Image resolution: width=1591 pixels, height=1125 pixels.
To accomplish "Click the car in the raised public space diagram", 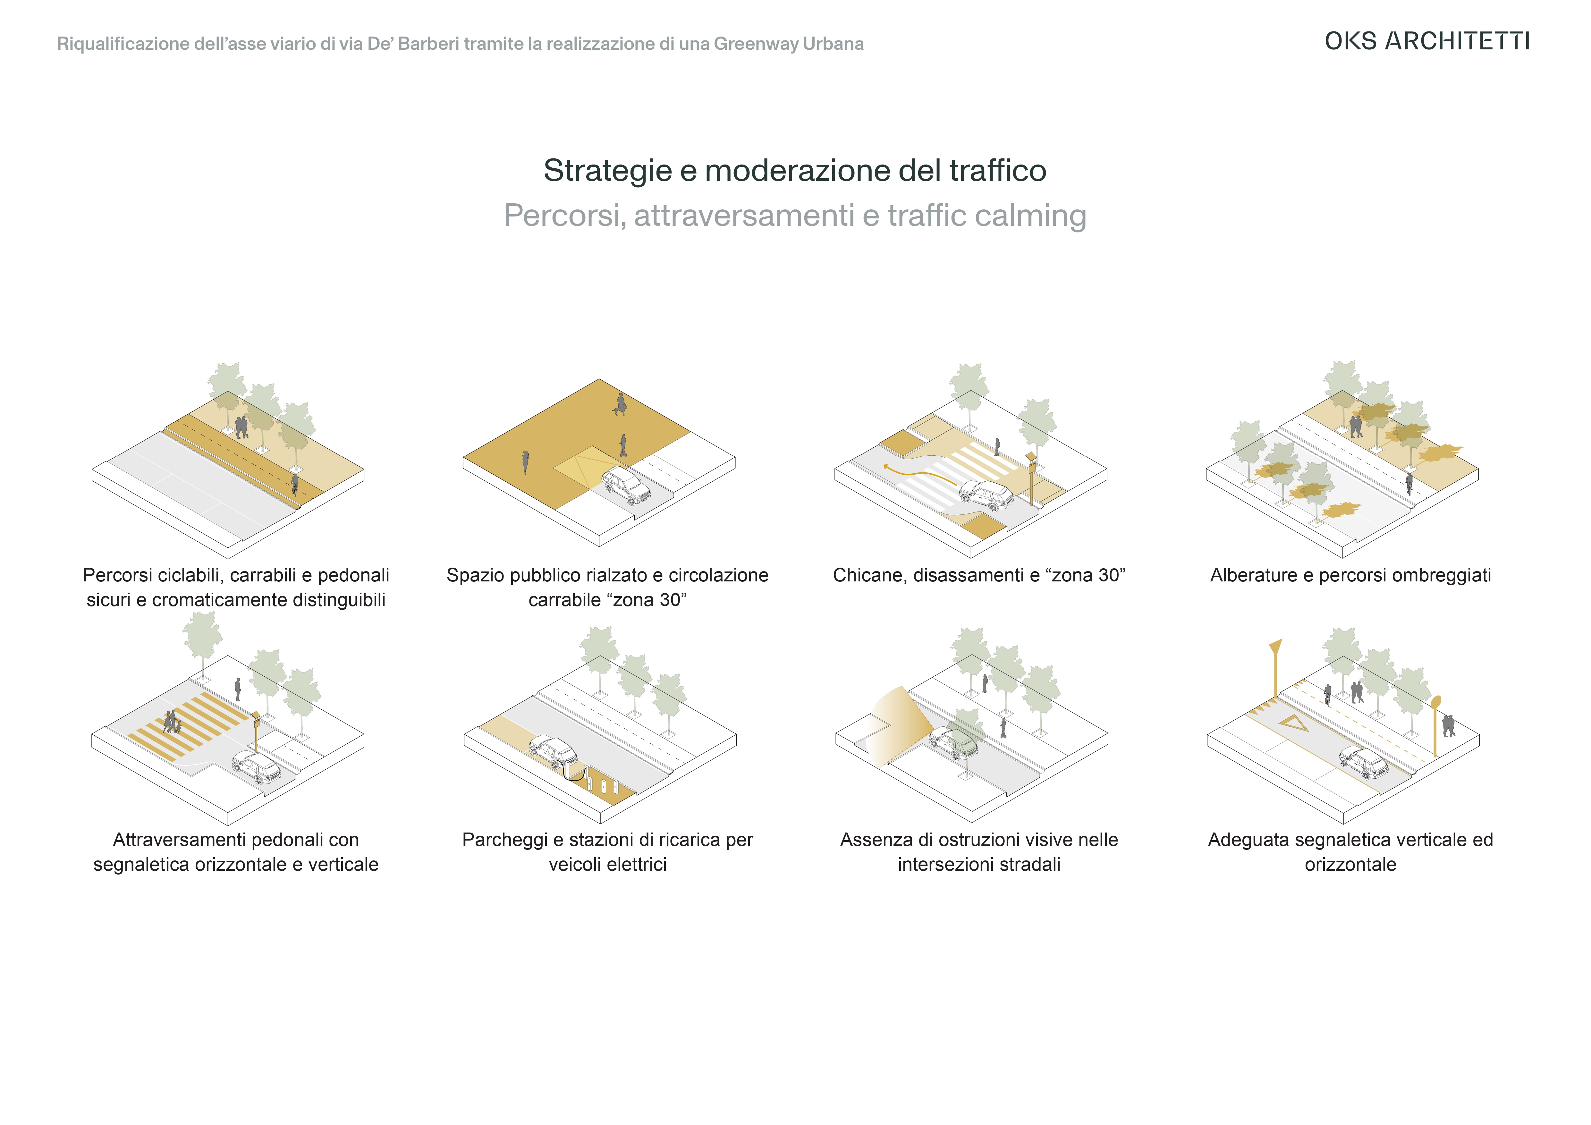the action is click(x=626, y=485).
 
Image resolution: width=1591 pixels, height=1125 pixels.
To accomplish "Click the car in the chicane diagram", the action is click(x=986, y=496).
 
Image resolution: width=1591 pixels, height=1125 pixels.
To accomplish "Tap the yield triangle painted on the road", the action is click(x=1293, y=723).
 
